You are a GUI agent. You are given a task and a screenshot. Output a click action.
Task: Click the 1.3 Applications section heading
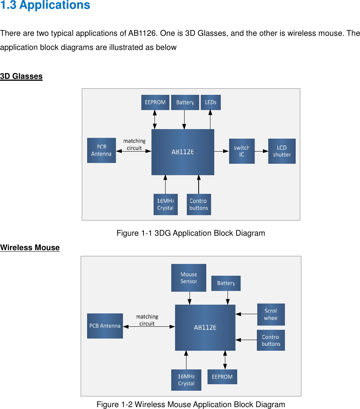click(x=45, y=5)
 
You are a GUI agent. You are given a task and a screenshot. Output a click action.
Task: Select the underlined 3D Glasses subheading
click(x=21, y=76)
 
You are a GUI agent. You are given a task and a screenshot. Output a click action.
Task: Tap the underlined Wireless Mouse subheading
click(x=30, y=248)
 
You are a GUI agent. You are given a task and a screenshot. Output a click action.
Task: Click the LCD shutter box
click(x=282, y=151)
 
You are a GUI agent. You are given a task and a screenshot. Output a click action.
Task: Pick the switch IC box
click(x=242, y=151)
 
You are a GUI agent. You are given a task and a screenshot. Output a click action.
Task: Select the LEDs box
click(x=210, y=102)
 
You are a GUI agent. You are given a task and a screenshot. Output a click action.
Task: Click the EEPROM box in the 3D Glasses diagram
click(x=155, y=102)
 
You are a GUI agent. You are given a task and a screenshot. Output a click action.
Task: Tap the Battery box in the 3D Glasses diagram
click(x=185, y=102)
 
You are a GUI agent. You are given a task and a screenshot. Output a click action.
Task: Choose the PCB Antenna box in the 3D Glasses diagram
click(x=101, y=150)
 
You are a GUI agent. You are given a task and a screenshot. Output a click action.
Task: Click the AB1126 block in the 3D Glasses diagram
click(x=183, y=152)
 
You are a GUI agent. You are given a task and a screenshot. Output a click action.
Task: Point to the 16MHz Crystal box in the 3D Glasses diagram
click(x=166, y=204)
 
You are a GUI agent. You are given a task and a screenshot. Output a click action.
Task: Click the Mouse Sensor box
click(x=188, y=278)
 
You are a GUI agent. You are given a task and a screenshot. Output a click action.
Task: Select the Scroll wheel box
click(x=271, y=314)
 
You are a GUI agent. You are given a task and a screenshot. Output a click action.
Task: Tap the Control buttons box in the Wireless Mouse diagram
click(x=271, y=340)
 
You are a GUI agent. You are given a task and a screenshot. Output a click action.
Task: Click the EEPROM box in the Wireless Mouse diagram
click(x=222, y=377)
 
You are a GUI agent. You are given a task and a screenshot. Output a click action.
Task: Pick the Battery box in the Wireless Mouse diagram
click(x=226, y=283)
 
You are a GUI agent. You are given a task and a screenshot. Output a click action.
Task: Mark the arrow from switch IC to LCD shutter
click(x=261, y=151)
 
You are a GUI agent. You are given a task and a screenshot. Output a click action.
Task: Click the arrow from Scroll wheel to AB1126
click(x=246, y=314)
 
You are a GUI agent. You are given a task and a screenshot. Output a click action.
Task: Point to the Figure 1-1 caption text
click(x=191, y=233)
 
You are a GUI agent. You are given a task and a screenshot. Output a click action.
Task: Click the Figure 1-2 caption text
click(x=191, y=404)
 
